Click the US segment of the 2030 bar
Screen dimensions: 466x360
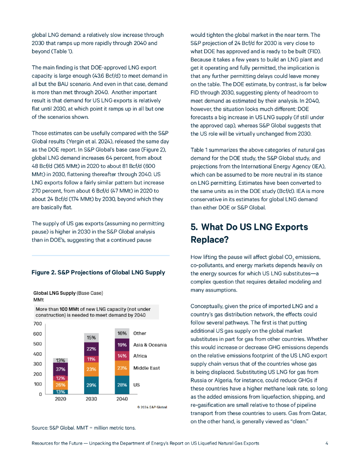[x=91, y=385]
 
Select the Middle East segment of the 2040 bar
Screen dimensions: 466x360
[x=122, y=368]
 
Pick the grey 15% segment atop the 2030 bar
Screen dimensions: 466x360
[x=91, y=338]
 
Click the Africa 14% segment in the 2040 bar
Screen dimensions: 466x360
[x=122, y=355]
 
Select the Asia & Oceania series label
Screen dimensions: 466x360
[x=150, y=344]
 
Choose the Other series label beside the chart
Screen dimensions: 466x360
[x=140, y=334]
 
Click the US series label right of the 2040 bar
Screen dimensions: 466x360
[x=136, y=385]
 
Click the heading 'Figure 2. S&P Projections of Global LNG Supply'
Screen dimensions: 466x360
[x=98, y=273]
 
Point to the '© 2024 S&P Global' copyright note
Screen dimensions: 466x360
[x=152, y=407]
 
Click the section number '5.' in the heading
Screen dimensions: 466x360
[x=194, y=227]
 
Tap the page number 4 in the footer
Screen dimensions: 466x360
[x=327, y=443]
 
